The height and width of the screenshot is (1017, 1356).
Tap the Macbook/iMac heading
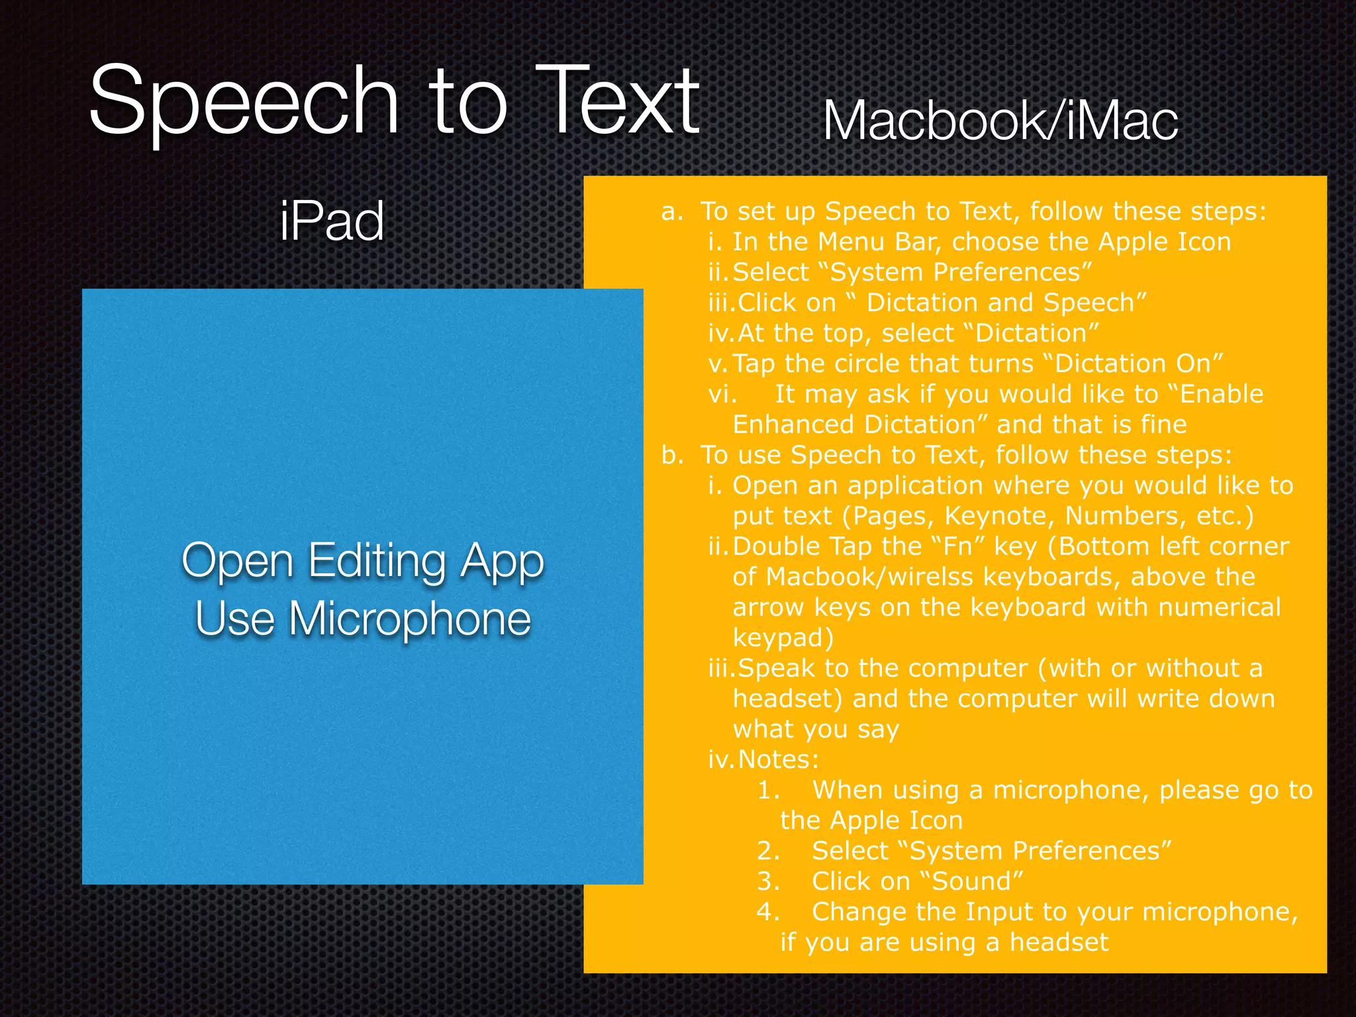(1000, 122)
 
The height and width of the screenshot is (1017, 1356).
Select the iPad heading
(332, 221)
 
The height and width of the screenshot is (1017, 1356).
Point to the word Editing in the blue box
(377, 561)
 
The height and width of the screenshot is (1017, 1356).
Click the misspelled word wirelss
(930, 577)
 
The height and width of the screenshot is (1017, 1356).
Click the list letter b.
(671, 455)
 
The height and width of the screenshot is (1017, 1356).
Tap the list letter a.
(671, 212)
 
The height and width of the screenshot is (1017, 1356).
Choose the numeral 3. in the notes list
(768, 881)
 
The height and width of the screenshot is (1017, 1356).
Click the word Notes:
(779, 759)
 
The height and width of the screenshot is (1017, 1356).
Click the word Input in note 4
(998, 912)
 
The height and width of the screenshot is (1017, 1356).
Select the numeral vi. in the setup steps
(722, 395)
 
